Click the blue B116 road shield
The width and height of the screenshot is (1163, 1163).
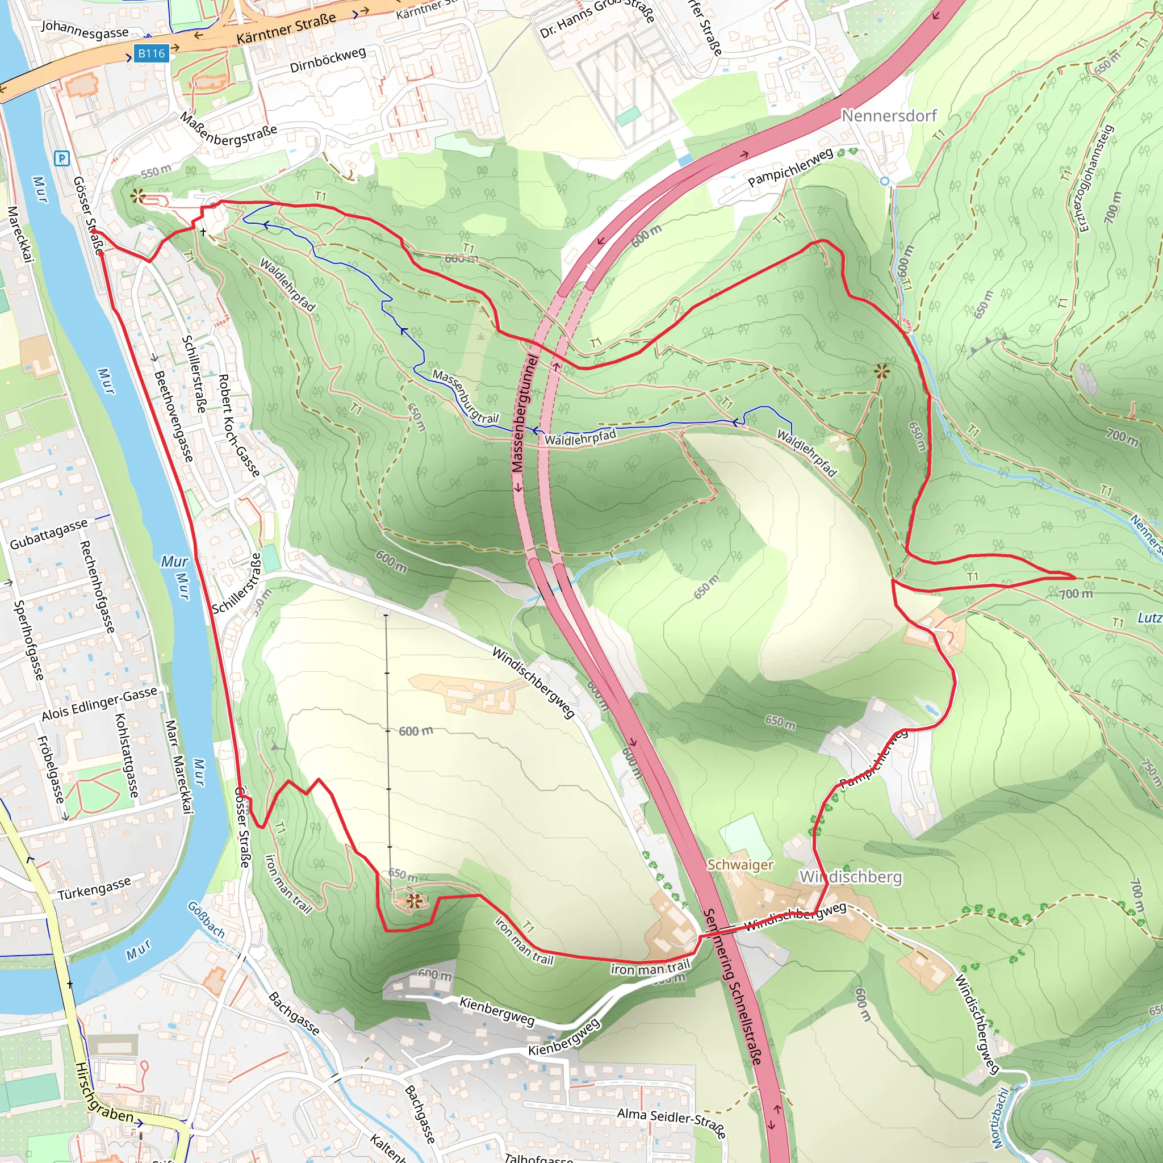pyautogui.click(x=150, y=53)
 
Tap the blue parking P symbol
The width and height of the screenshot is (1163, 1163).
pyautogui.click(x=62, y=159)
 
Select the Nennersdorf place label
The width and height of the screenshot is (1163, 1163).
pyautogui.click(x=889, y=116)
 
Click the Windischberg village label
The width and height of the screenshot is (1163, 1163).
pyautogui.click(x=850, y=877)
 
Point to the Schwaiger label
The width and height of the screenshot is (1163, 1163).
pyautogui.click(x=740, y=864)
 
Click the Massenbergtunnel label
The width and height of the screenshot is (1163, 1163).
pyautogui.click(x=524, y=413)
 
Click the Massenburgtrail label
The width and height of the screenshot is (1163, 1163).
pyautogui.click(x=465, y=397)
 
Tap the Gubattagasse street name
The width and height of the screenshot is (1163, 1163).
pyautogui.click(x=48, y=534)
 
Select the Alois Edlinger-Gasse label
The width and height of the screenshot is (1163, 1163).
pyautogui.click(x=99, y=704)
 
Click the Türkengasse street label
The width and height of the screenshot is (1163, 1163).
pyautogui.click(x=94, y=889)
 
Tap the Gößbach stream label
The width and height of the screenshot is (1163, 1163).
pyautogui.click(x=206, y=920)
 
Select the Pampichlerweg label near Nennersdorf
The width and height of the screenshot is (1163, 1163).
pyautogui.click(x=790, y=167)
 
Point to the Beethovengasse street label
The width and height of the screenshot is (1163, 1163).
pyautogui.click(x=173, y=416)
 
